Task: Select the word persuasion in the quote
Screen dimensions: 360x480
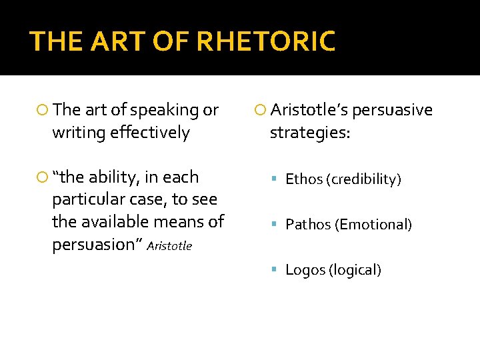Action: [93, 245]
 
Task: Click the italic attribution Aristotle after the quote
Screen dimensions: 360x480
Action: [169, 246]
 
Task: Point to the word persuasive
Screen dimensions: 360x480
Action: [392, 110]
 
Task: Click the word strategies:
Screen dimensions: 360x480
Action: [309, 133]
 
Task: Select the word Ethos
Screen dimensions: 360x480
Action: [303, 179]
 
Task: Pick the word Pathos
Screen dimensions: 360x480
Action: [308, 225]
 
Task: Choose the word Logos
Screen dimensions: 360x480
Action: [303, 270]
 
